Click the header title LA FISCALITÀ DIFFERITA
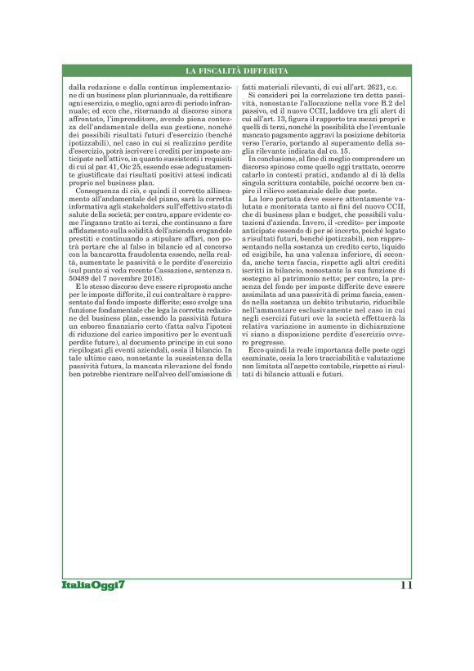(236, 71)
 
